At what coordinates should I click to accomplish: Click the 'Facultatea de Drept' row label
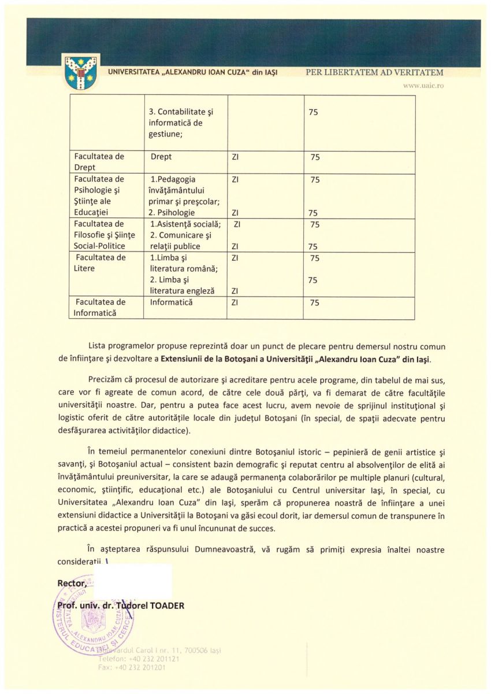coord(99,162)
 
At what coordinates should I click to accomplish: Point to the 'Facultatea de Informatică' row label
coord(100,308)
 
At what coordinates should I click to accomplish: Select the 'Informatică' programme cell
coord(171,302)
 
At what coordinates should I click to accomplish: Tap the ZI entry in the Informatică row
coord(235,302)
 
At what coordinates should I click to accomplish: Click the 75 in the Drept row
coord(315,157)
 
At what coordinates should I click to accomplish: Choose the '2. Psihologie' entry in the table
coord(172,213)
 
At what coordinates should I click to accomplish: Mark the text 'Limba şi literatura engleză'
coord(182,285)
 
